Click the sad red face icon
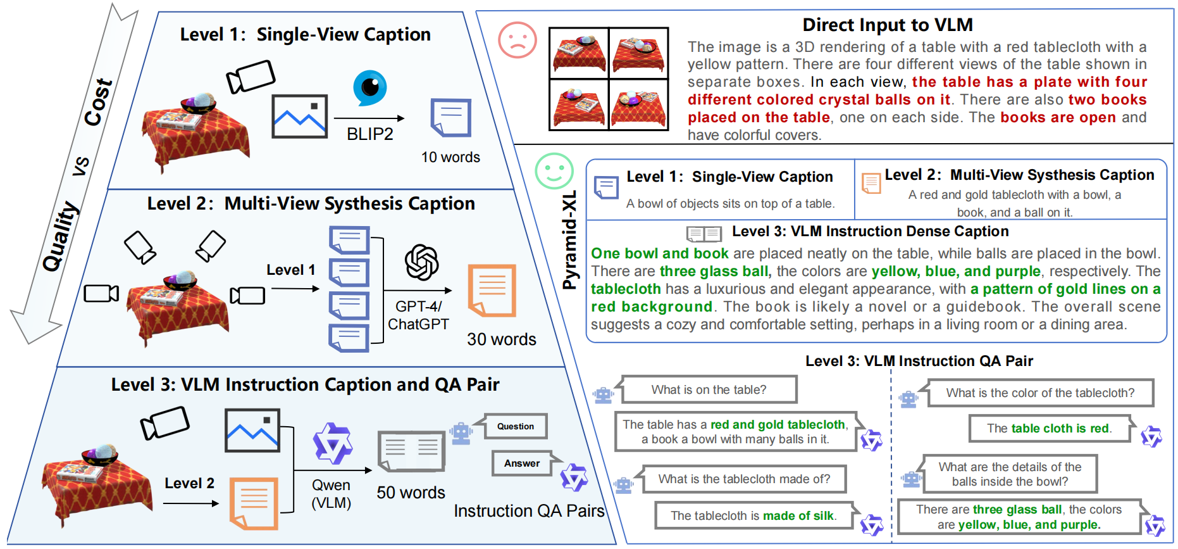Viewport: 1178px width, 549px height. coord(517,40)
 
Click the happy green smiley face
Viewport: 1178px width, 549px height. coord(554,170)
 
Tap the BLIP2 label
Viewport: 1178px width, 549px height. coord(369,134)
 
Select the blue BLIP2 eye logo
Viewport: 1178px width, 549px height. coord(369,87)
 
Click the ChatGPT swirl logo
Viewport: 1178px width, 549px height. coord(421,262)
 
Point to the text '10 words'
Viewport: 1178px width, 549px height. coord(450,157)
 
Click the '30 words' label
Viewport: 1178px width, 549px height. coord(501,339)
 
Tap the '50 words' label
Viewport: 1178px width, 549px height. coord(411,493)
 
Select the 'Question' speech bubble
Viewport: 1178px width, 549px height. coord(515,426)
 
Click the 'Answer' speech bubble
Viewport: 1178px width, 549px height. coord(522,464)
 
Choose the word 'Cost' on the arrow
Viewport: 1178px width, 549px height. coord(99,101)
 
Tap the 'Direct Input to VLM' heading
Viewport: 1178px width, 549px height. coord(888,25)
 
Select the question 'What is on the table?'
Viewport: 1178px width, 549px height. coord(709,389)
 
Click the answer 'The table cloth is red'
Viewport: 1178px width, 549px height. coord(1048,429)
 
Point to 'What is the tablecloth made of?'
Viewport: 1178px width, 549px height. coord(744,479)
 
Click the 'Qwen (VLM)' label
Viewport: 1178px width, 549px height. coord(331,494)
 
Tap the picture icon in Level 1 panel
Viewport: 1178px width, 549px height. coord(299,117)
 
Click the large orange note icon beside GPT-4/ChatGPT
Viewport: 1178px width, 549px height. coord(492,291)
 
